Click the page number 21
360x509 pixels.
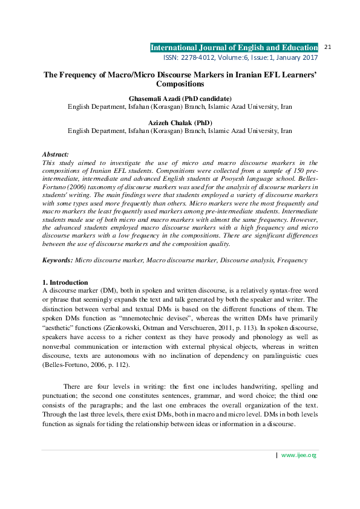coord(329,47)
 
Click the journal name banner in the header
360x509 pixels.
coord(234,48)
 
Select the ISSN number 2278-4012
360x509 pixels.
coord(195,57)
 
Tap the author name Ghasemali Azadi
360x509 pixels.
coord(159,99)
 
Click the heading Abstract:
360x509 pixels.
coord(55,155)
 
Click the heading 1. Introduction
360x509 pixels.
coord(65,282)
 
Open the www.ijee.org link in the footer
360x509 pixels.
coord(299,455)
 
